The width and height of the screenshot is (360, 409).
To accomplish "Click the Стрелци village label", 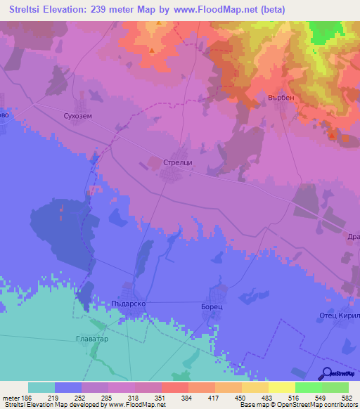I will tap(177, 162).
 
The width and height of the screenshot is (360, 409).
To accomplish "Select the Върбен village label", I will tap(282, 98).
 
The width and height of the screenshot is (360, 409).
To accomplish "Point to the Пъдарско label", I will tap(127, 304).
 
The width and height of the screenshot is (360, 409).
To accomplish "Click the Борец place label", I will tap(212, 308).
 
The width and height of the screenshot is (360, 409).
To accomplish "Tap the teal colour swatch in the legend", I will tap(41, 387).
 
